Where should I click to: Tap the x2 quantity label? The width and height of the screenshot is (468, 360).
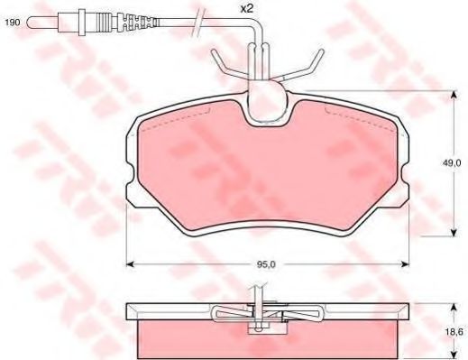(246, 10)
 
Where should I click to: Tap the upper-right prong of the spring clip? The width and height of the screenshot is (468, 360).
(316, 56)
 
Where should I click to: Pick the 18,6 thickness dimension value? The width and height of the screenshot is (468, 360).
(448, 331)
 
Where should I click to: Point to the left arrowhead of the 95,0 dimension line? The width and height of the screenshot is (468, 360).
(129, 264)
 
